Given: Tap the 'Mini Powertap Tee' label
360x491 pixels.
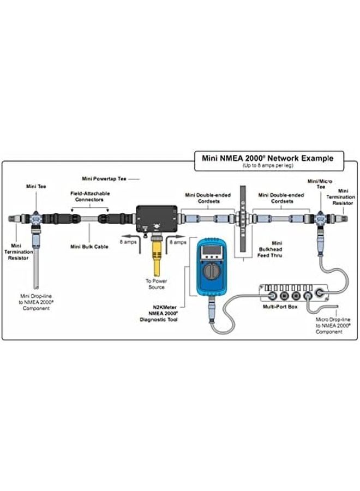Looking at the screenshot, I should click(x=105, y=178).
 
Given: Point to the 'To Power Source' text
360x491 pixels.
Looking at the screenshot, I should click(x=155, y=284).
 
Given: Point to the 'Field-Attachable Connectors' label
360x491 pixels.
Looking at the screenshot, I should click(x=91, y=196).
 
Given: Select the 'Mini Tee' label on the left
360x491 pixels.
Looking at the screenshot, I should click(x=36, y=186).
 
